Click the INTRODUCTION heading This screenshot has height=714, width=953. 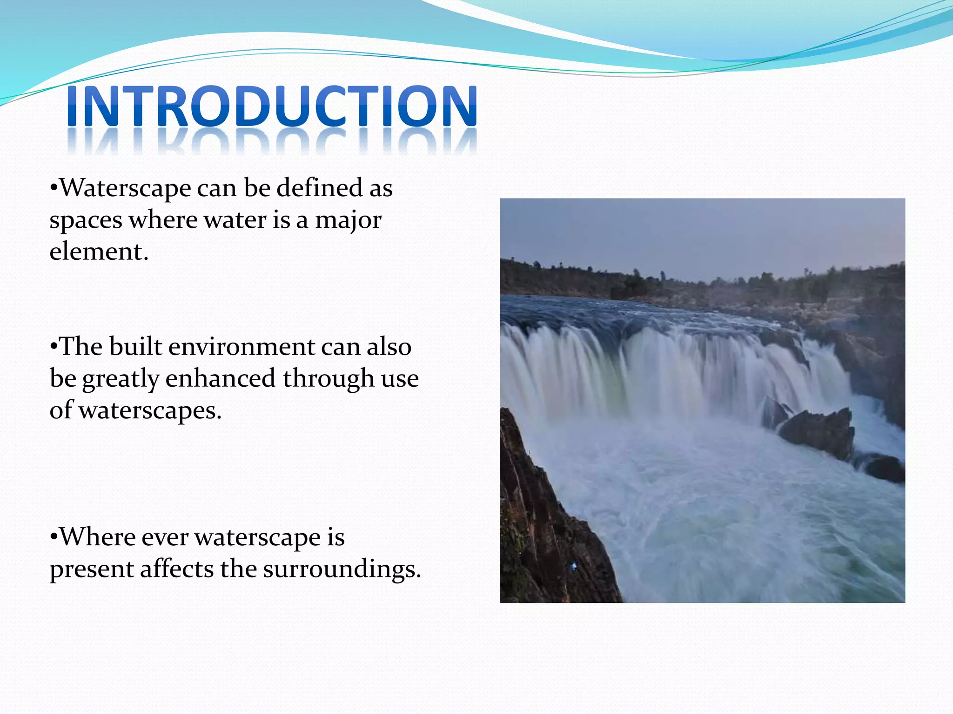pos(272,106)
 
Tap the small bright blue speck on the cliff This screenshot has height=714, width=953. pos(574,566)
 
